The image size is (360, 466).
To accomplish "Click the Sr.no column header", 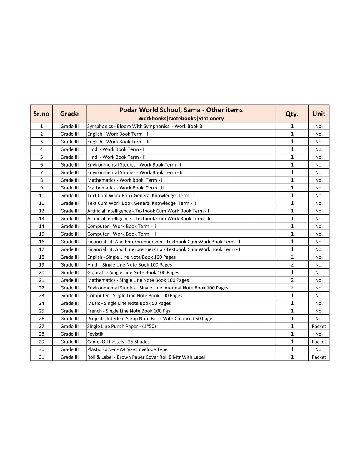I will (41, 114).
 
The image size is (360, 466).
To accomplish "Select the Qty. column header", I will (292, 114).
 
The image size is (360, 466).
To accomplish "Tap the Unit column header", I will (319, 114).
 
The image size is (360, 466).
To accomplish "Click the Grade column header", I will (69, 114).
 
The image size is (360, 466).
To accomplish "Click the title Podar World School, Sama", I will (181, 110).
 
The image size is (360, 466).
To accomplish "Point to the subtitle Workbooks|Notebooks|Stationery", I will (181, 119).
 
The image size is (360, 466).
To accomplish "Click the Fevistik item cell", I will (95, 334).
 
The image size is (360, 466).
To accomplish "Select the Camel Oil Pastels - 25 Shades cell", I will (118, 342).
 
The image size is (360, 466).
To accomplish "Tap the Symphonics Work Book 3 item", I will (145, 126).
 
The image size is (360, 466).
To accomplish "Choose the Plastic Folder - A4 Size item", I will (127, 349).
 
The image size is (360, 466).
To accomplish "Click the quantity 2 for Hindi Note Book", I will (292, 265).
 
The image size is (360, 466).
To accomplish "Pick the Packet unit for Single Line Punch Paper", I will (319, 326).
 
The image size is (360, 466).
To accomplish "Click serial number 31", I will (41, 357).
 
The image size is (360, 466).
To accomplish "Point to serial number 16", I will (41, 242).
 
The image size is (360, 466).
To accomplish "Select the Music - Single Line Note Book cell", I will (129, 303).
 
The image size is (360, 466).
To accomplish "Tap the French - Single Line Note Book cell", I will (129, 311).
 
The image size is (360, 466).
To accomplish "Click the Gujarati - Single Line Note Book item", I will (133, 272).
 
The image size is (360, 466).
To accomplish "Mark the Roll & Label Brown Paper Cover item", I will (146, 357).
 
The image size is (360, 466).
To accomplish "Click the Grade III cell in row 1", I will (69, 126).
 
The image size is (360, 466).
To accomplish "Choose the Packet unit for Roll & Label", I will (319, 357).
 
